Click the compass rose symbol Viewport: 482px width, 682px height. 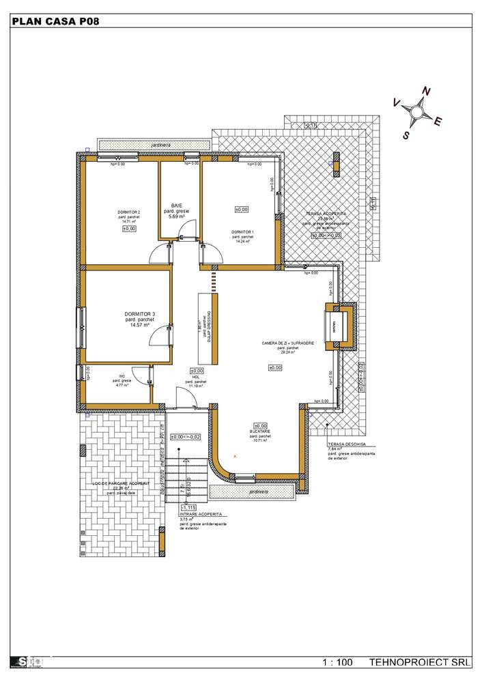pyautogui.click(x=416, y=110)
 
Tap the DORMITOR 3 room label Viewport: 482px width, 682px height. pyautogui.click(x=139, y=314)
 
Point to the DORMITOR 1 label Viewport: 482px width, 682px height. pyautogui.click(x=242, y=233)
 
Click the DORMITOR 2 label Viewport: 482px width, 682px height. pyautogui.click(x=129, y=213)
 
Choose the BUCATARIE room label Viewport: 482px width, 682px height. pyautogui.click(x=260, y=432)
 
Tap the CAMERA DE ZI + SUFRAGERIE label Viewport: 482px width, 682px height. pyautogui.click(x=287, y=343)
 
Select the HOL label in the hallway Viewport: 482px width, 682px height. pyautogui.click(x=196, y=377)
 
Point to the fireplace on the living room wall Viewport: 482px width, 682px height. pyautogui.click(x=340, y=324)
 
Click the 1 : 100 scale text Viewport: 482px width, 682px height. pyautogui.click(x=338, y=663)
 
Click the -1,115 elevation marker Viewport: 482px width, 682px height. pyautogui.click(x=189, y=507)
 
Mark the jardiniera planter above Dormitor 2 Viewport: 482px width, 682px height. pyautogui.click(x=154, y=145)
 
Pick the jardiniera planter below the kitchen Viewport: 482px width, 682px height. pyautogui.click(x=254, y=492)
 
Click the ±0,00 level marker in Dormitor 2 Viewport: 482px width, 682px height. pyautogui.click(x=130, y=229)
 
